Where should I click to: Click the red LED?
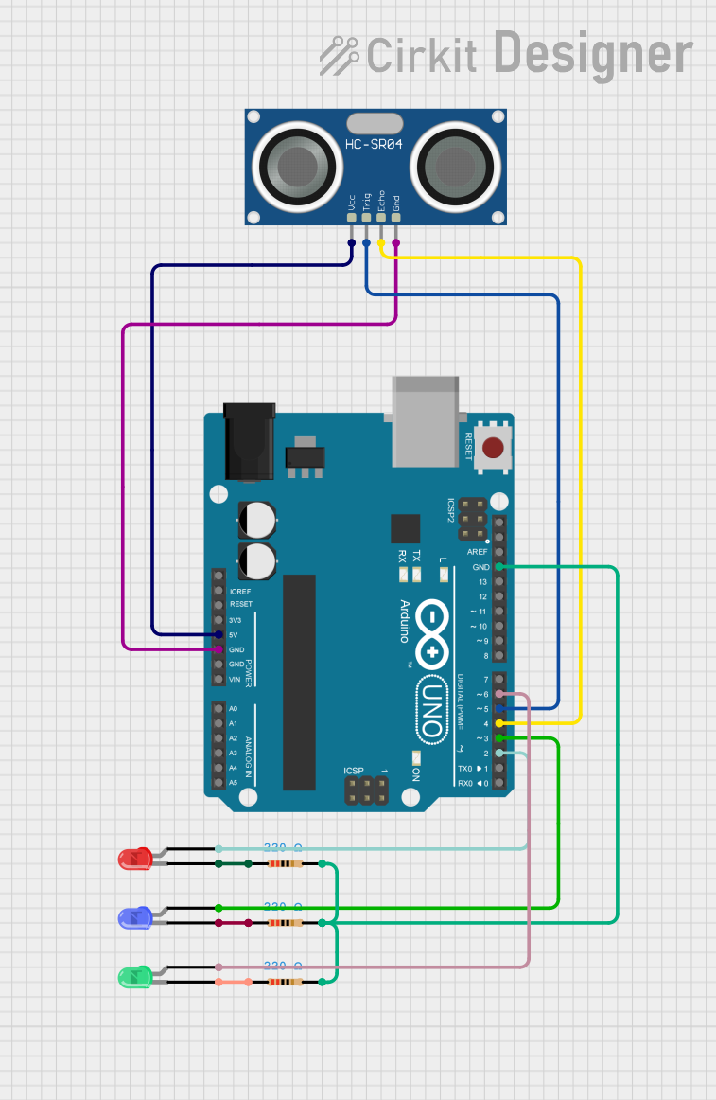click(134, 859)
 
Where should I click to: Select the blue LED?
click(134, 917)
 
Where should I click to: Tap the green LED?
click(134, 976)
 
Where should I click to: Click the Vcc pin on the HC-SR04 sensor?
click(352, 218)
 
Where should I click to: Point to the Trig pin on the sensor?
click(366, 218)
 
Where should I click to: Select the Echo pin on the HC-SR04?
click(381, 218)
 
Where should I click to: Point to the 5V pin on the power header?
click(219, 634)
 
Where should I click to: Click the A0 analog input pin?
click(219, 708)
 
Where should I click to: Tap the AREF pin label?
click(478, 552)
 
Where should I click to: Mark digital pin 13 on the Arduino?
click(499, 581)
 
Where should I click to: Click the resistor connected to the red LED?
click(284, 864)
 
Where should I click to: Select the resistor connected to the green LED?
click(284, 982)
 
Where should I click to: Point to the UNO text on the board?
click(431, 707)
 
